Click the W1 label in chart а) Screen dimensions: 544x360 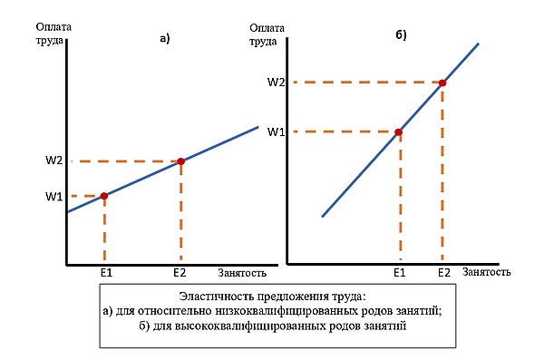pyautogui.click(x=53, y=197)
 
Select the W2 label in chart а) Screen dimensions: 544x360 pyautogui.click(x=53, y=161)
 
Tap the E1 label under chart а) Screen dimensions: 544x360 pyautogui.click(x=106, y=273)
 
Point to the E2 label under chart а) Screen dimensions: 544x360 pyautogui.click(x=180, y=273)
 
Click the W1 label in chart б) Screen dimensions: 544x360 pyautogui.click(x=276, y=132)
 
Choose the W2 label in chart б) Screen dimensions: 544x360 pyautogui.click(x=276, y=83)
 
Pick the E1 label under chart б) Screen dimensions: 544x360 pyautogui.click(x=399, y=273)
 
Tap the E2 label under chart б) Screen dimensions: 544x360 pyautogui.click(x=443, y=273)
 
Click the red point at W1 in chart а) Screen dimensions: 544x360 pyautogui.click(x=104, y=196)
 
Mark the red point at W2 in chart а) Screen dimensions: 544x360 pyautogui.click(x=180, y=161)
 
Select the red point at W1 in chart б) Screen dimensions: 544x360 pyautogui.click(x=399, y=131)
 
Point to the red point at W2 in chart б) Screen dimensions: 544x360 pyautogui.click(x=442, y=83)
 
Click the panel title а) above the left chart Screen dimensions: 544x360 pyautogui.click(x=165, y=38)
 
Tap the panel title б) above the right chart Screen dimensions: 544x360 pyautogui.click(x=401, y=35)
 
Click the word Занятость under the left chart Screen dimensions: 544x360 pyautogui.click(x=242, y=273)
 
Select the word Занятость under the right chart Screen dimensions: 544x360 pyautogui.click(x=486, y=272)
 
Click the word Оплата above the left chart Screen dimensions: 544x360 pyautogui.click(x=53, y=27)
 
